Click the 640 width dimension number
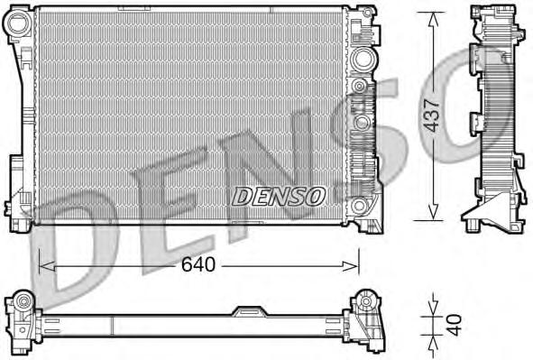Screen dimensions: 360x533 [199, 265]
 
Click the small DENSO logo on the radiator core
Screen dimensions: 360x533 [279, 194]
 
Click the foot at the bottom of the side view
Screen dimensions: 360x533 [487, 218]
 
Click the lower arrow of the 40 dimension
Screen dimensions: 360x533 [433, 346]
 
